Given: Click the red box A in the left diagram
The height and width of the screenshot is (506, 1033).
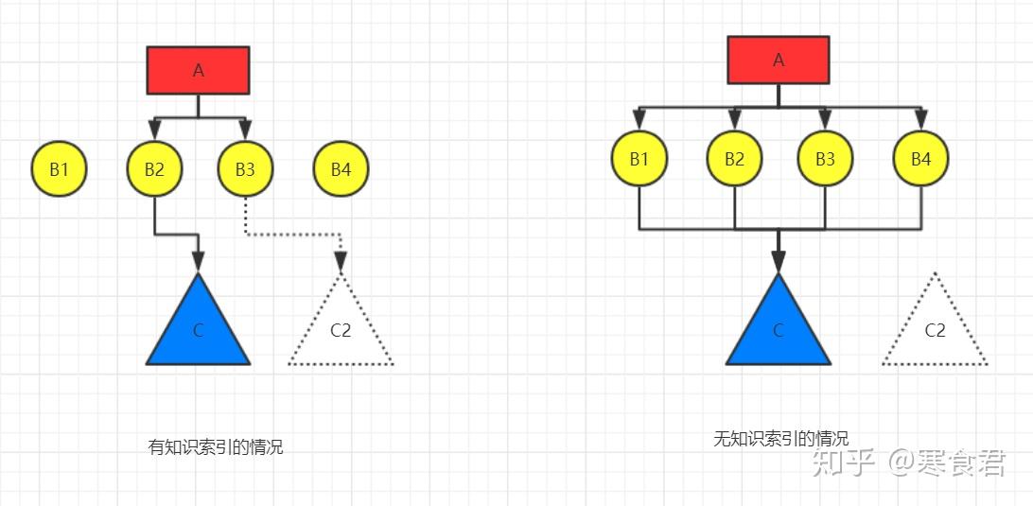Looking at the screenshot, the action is [x=199, y=71].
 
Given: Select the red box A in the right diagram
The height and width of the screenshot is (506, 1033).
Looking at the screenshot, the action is [x=779, y=60].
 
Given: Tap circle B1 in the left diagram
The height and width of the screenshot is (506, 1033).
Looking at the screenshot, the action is [x=60, y=168].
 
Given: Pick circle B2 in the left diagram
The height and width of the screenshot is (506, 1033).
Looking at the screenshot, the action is [x=154, y=168].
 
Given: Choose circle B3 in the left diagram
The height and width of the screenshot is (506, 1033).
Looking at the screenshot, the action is [x=245, y=168].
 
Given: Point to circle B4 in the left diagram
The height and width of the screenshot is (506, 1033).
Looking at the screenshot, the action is [x=341, y=168].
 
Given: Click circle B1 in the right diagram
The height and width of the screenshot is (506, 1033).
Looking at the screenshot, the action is [x=639, y=159].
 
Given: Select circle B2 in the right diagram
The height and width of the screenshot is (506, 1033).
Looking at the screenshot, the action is [x=735, y=159].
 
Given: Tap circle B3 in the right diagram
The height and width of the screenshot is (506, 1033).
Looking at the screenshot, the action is [x=826, y=159].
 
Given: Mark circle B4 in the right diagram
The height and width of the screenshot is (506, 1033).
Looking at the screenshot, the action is [x=921, y=159].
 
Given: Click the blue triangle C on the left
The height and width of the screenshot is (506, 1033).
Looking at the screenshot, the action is [x=199, y=329].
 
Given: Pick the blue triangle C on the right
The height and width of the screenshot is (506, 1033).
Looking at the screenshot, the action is [x=779, y=329].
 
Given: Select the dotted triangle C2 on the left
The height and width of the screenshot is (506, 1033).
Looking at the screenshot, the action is [x=341, y=329].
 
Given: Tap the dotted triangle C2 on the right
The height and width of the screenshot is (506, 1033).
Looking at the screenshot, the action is [x=935, y=329].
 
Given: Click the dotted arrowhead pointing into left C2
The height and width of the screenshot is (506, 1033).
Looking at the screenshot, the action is [x=341, y=263].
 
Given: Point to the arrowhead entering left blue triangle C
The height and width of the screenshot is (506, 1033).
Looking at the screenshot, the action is [x=199, y=262].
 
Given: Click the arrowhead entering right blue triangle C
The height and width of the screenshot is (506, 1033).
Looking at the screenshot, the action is [x=779, y=262].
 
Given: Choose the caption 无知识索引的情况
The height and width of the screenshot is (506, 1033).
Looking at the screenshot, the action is [x=781, y=438].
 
